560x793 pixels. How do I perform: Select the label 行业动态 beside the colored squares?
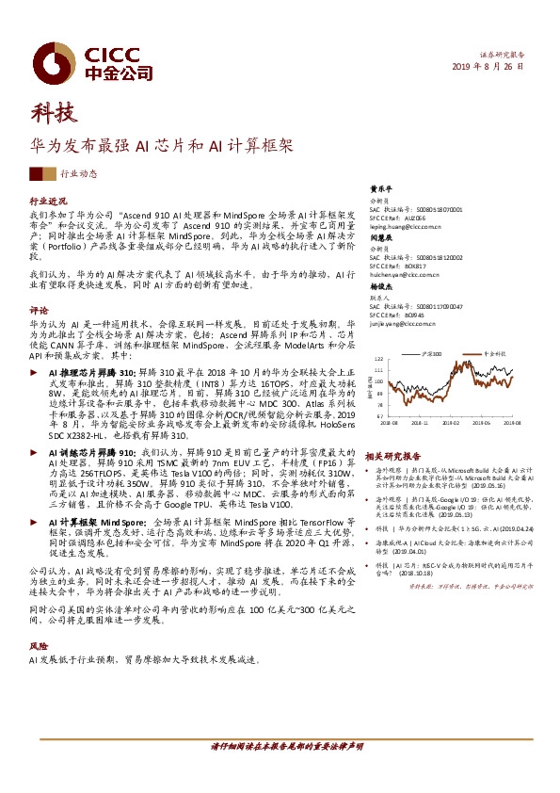pyautogui.click(x=78, y=174)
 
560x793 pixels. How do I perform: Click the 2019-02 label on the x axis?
pyautogui.click(x=456, y=424)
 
